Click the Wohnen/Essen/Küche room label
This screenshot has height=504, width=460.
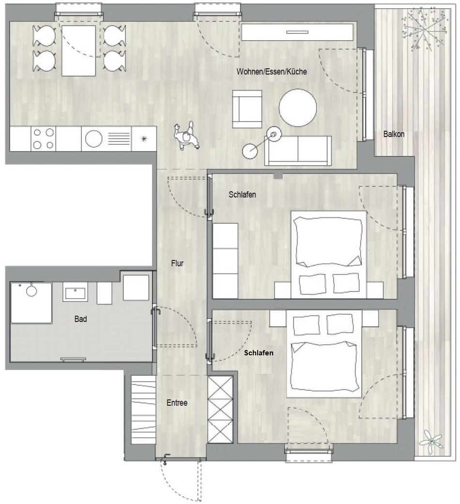[x=272, y=71]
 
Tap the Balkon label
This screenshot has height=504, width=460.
[x=394, y=134]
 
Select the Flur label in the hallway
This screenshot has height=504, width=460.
[x=177, y=263]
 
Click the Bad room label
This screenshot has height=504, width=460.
[x=80, y=319]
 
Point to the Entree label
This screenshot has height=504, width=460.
[x=177, y=403]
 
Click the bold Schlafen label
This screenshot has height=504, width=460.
[x=259, y=353]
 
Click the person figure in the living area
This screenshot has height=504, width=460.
[x=187, y=136]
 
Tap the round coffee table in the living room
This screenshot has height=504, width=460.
[x=298, y=107]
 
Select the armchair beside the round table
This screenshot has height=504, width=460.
[x=247, y=109]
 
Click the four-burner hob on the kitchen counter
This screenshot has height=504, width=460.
[x=44, y=139]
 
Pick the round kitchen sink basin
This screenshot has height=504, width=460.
[x=93, y=139]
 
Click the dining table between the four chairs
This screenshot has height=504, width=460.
[x=79, y=51]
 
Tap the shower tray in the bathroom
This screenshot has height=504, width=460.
[x=31, y=303]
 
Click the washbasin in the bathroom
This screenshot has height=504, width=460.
[x=75, y=292]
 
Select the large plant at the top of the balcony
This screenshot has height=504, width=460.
[x=424, y=31]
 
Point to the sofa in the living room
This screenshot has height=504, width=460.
[x=298, y=151]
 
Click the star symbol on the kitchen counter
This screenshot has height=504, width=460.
[x=144, y=139]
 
